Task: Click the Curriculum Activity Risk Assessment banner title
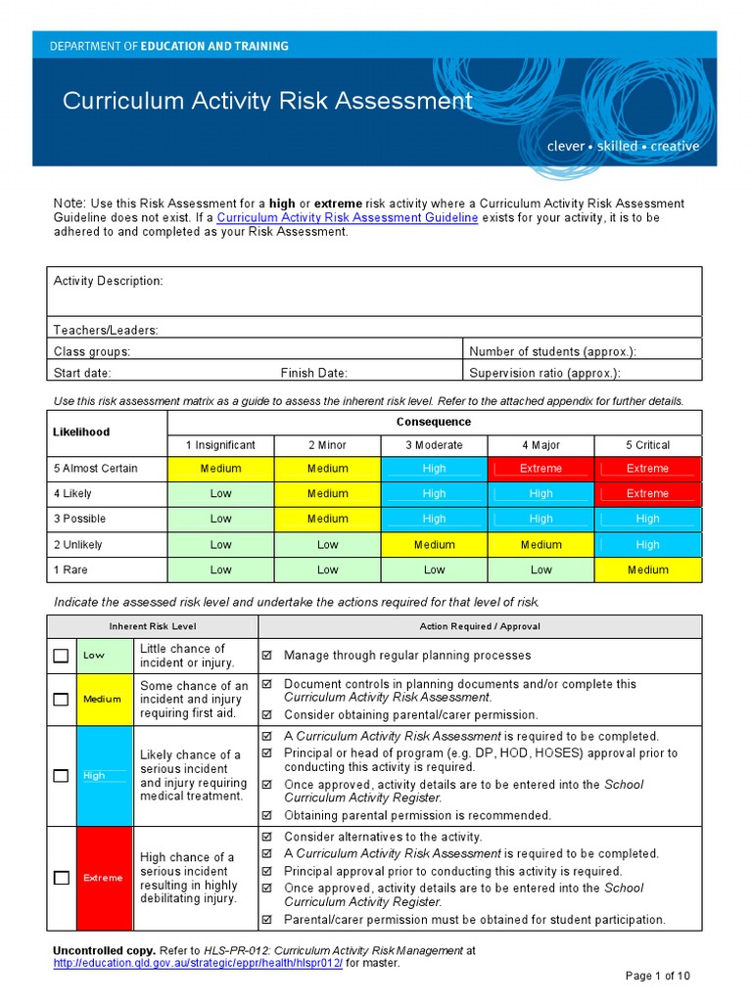coord(267,102)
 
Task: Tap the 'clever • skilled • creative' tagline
coord(623,146)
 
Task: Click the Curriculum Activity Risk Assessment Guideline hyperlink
coord(347,218)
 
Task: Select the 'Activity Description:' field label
coord(109,281)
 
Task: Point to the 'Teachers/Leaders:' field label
coord(106,331)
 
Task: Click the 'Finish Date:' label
coord(313,373)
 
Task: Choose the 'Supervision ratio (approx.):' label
coord(544,373)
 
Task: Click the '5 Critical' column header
coord(647,445)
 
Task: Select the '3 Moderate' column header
coord(434,445)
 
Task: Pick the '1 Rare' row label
coord(77,569)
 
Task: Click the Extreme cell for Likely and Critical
coord(647,494)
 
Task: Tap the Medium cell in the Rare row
coord(647,570)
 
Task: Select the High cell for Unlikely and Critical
coord(647,545)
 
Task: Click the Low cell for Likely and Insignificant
coord(221,494)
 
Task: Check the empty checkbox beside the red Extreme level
coord(61,878)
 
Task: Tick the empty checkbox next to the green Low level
coord(61,656)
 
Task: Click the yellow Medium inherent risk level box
coord(102,700)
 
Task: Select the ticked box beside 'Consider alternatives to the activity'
coord(266,837)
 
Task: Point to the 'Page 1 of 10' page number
coord(658,976)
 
